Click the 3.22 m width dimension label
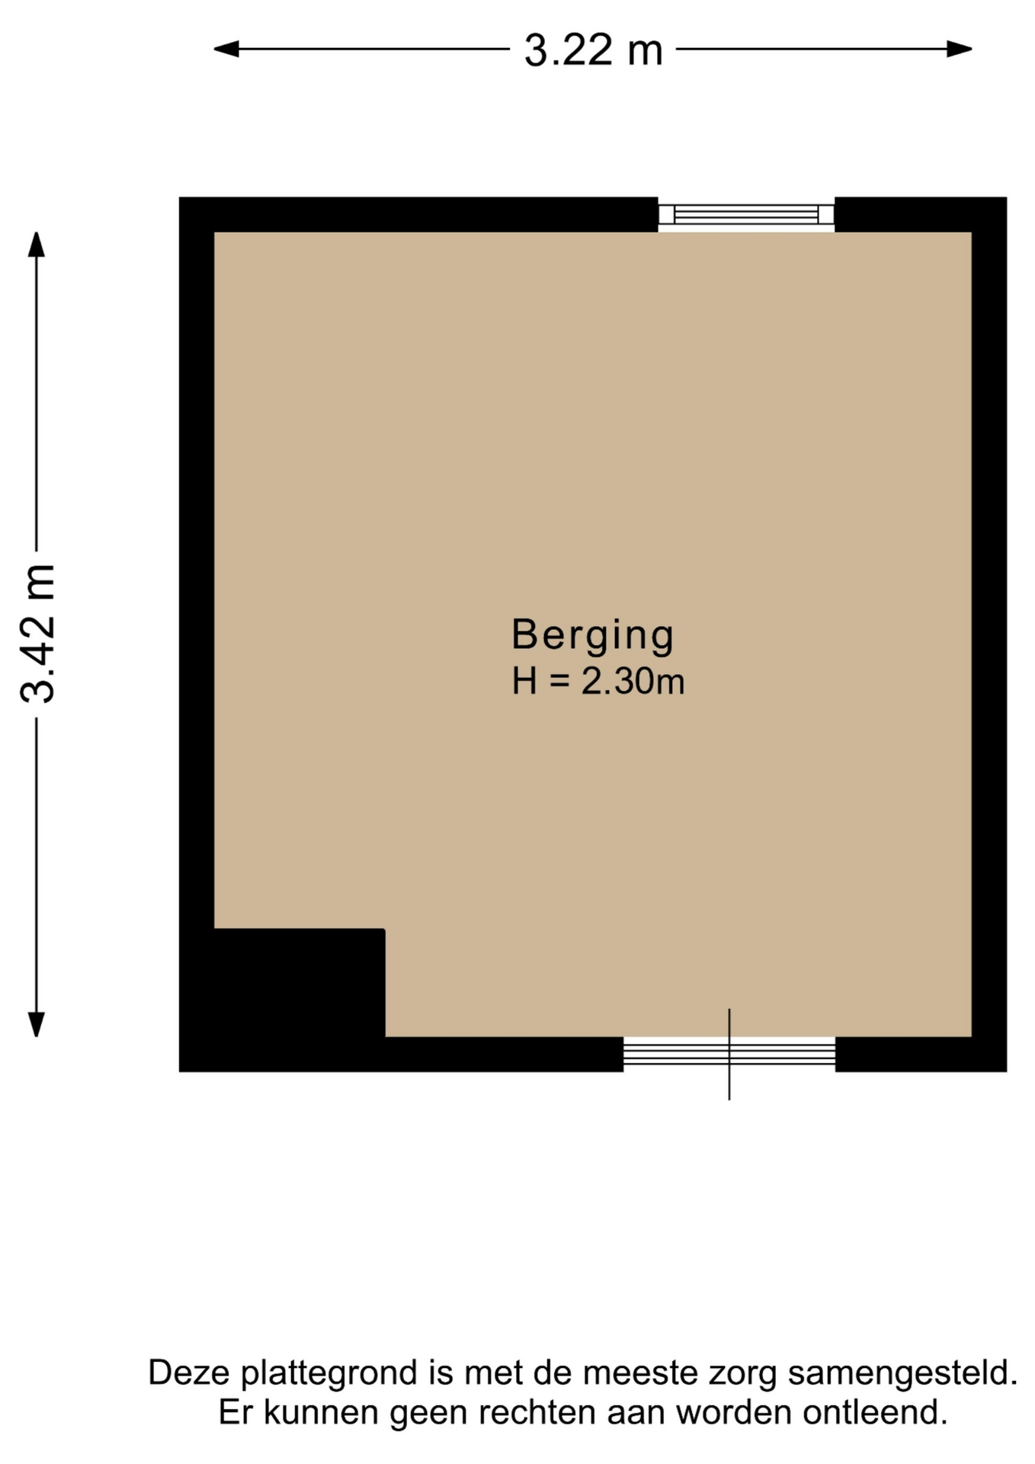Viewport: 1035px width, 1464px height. coord(593,50)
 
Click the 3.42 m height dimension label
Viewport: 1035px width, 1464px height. coord(38,634)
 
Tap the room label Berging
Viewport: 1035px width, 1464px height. coord(593,635)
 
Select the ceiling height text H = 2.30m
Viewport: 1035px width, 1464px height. coord(598,681)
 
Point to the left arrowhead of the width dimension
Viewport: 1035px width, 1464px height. coord(226,50)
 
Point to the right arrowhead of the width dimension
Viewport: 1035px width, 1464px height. coord(959,50)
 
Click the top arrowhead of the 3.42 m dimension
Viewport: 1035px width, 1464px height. coord(36,245)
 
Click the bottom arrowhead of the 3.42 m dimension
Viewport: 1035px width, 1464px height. coord(36,1024)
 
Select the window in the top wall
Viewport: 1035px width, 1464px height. coord(746,214)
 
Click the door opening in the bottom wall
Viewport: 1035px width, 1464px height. coord(729,1055)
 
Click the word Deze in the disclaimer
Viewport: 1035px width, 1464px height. coord(188,1372)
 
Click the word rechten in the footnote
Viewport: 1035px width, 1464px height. coord(537,1413)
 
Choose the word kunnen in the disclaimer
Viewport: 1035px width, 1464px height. coord(321,1413)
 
